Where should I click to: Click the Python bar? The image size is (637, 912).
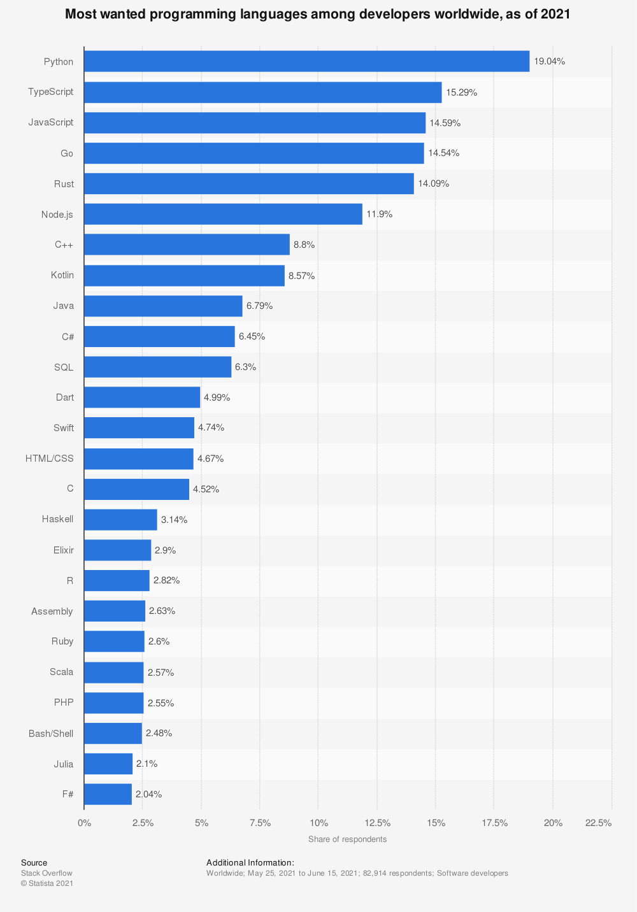pos(306,62)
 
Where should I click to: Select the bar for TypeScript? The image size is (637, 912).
pos(262,92)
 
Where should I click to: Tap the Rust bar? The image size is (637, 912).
pos(248,184)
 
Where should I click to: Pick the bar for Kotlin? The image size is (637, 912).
pos(184,276)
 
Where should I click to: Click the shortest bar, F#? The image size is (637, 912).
pos(108,794)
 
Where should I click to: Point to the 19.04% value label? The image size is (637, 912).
pos(549,62)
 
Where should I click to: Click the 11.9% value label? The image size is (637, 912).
pos(379,215)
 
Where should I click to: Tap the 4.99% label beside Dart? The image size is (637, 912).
pos(217,397)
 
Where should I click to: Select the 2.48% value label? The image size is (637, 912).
pos(159,733)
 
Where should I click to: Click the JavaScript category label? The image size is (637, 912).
pos(51,122)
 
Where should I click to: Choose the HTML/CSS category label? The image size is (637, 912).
pos(50,459)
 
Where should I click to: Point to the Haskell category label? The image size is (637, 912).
pos(57,519)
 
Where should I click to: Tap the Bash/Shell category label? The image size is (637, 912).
pos(51,734)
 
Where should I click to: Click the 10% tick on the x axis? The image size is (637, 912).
pos(318,823)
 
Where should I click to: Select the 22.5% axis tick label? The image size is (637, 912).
pos(598,823)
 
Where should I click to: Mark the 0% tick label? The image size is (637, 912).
pos(84,823)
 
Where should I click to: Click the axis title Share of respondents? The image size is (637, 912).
pos(347,839)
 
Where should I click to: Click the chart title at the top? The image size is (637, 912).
pos(317,14)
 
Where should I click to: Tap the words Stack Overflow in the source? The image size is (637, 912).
pos(47,873)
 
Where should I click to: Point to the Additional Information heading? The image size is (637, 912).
pos(250,863)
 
